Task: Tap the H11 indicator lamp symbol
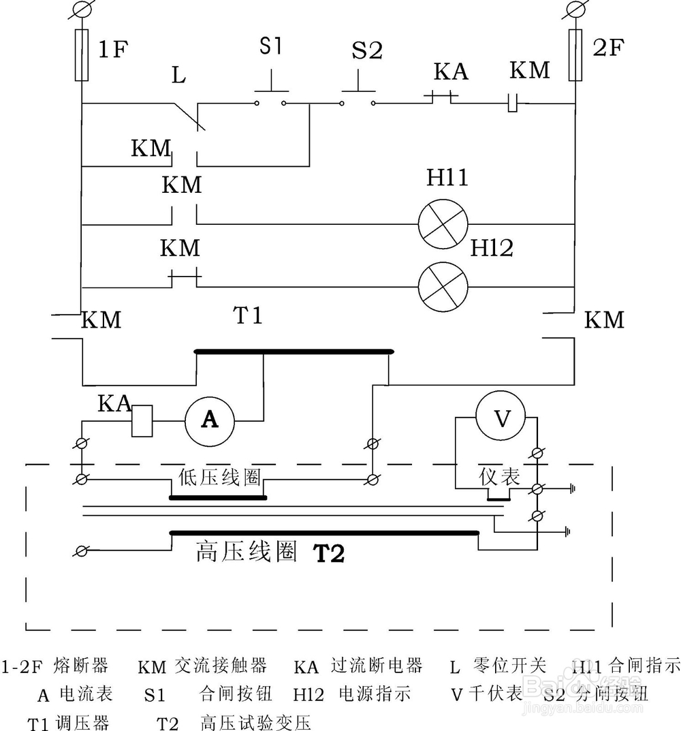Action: click(443, 224)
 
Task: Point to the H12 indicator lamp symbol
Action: click(443, 286)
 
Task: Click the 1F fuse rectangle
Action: click(81, 55)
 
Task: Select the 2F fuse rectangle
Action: click(575, 55)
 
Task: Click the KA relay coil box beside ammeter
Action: click(142, 421)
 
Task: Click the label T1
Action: click(248, 316)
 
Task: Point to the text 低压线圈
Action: click(220, 477)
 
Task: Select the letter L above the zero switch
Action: click(178, 75)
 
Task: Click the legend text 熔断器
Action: click(80, 665)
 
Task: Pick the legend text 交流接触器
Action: click(220, 665)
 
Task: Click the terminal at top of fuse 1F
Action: click(81, 10)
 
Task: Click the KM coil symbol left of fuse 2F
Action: click(515, 104)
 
